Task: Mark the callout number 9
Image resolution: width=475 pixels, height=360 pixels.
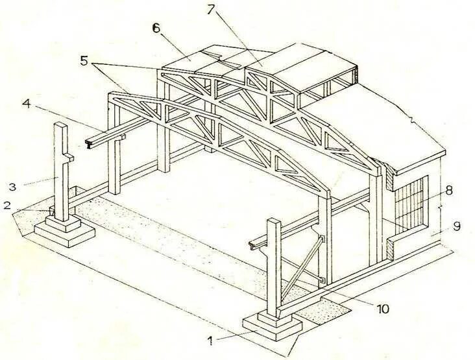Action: pos(457,226)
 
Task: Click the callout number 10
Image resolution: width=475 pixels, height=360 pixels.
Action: pos(383,309)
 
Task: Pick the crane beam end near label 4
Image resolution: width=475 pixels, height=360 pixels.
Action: pos(91,140)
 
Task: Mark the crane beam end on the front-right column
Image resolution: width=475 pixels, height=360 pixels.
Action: pos(254,246)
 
